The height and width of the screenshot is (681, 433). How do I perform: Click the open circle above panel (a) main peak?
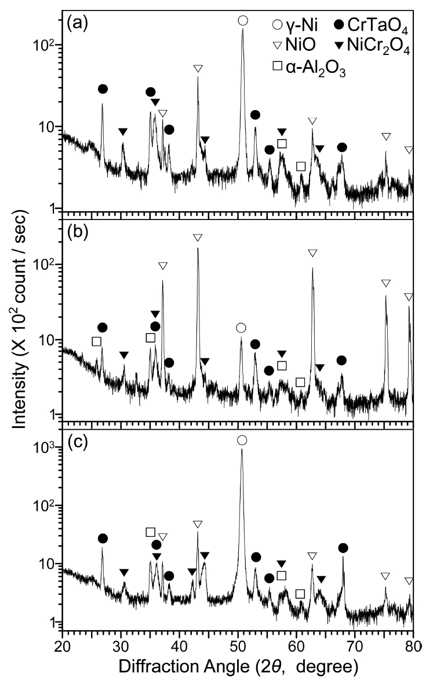point(243,21)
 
